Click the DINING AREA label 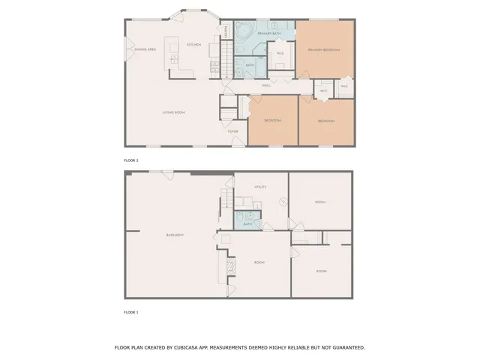click(x=145, y=49)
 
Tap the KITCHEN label click(x=193, y=45)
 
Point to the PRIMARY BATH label click(x=269, y=34)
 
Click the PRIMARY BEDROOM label click(x=324, y=49)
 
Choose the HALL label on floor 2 click(x=266, y=85)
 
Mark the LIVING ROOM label click(x=174, y=112)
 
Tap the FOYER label click(x=233, y=131)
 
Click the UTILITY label click(x=260, y=187)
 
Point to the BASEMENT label click(x=175, y=235)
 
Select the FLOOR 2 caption click(x=131, y=160)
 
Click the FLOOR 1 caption click(x=131, y=312)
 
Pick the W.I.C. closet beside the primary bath click(x=280, y=53)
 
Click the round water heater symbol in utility click(x=283, y=201)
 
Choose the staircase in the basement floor click(x=225, y=199)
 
